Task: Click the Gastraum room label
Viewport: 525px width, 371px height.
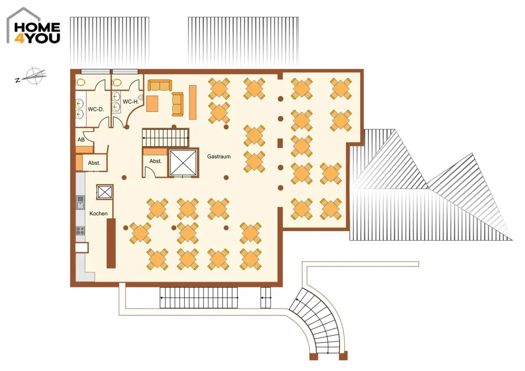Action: click(218, 157)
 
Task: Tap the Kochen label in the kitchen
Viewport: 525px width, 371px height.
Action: click(99, 213)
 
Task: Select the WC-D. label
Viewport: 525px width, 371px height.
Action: click(96, 109)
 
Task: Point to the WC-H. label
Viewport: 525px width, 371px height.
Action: click(131, 101)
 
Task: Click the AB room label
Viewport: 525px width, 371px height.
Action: click(81, 139)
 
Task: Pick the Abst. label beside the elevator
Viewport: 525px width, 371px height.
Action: click(155, 161)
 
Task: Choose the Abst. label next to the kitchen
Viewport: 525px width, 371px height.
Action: click(94, 163)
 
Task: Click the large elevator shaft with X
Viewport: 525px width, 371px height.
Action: click(183, 163)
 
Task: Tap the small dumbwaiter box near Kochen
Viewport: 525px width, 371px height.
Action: click(105, 192)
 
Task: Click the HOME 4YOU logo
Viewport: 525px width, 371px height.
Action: click(34, 26)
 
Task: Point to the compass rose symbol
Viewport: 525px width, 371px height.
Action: click(33, 76)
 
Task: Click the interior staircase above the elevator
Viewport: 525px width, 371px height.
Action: click(165, 138)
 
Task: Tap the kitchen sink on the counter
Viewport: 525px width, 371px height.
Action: click(80, 203)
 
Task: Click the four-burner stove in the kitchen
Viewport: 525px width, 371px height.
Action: click(80, 231)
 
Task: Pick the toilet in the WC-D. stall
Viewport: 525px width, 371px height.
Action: click(80, 82)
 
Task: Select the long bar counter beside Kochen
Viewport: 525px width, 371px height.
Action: click(111, 243)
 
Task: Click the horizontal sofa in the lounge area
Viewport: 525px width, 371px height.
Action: click(160, 86)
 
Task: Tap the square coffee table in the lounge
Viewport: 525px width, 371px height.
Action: click(152, 104)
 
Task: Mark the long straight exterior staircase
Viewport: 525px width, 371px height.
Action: click(198, 297)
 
